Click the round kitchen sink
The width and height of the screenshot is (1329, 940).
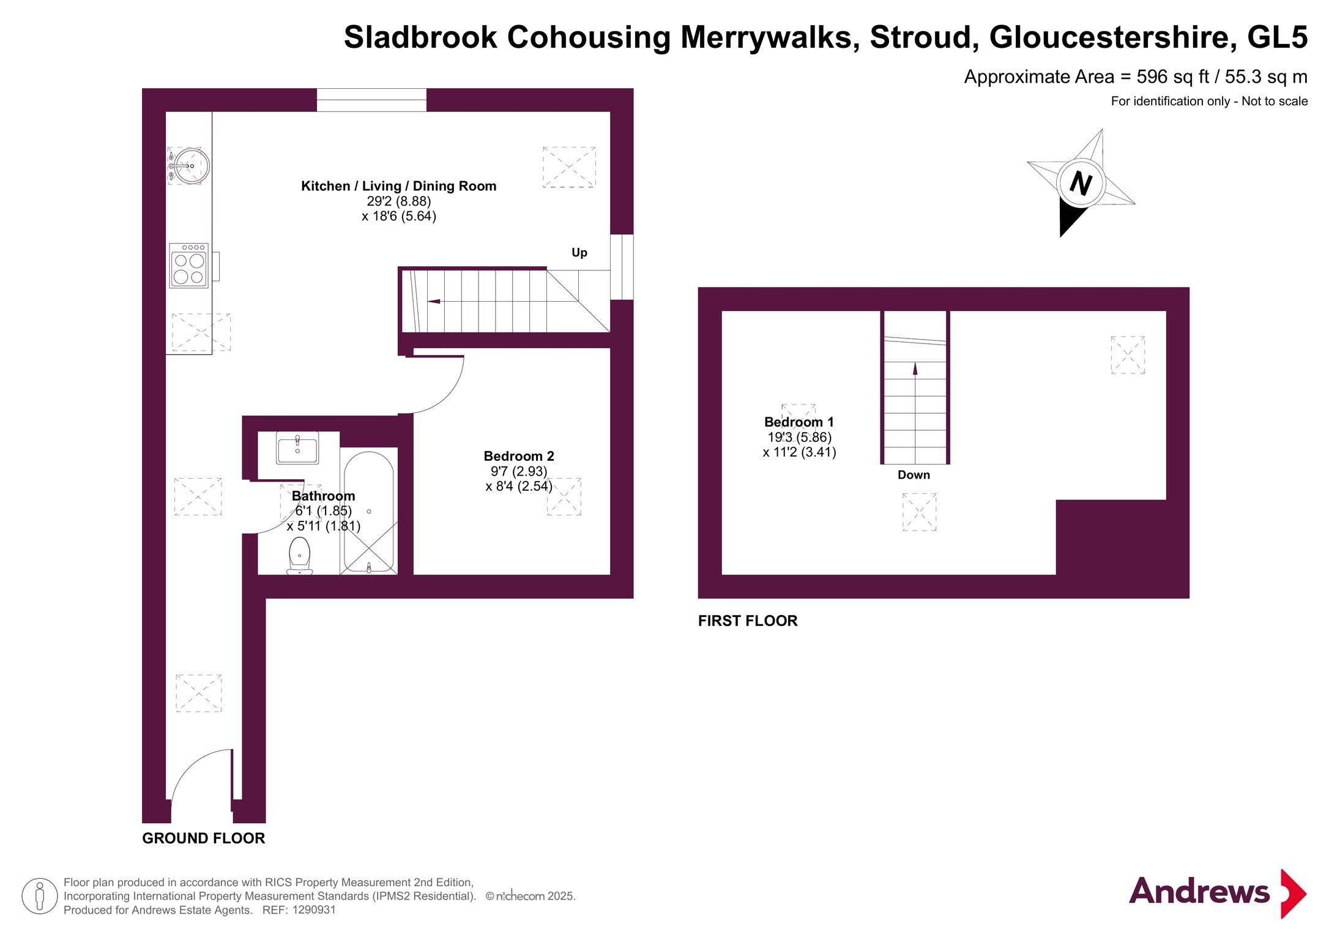pyautogui.click(x=190, y=166)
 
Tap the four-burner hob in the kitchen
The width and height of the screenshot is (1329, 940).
pyautogui.click(x=189, y=266)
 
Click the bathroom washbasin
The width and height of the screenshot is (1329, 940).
pyautogui.click(x=297, y=447)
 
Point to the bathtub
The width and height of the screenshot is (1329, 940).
pyautogui.click(x=369, y=512)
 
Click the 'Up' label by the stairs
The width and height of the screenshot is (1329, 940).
pyautogui.click(x=579, y=252)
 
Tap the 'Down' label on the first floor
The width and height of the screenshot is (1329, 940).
pyautogui.click(x=914, y=475)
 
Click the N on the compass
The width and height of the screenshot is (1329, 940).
pyautogui.click(x=1081, y=182)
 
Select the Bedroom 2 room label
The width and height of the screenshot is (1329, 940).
pyautogui.click(x=519, y=456)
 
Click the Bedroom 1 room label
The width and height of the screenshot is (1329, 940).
pyautogui.click(x=799, y=422)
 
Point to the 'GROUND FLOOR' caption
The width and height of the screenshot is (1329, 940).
pyautogui.click(x=204, y=838)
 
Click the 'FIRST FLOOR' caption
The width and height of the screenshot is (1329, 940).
pyautogui.click(x=748, y=621)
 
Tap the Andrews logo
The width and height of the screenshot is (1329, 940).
pyautogui.click(x=1218, y=893)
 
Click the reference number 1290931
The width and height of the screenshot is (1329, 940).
pyautogui.click(x=314, y=910)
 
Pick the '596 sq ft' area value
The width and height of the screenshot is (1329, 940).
pyautogui.click(x=1173, y=76)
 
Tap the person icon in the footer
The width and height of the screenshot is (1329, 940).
pyautogui.click(x=40, y=896)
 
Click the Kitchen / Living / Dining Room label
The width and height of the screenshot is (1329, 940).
pyautogui.click(x=398, y=186)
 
